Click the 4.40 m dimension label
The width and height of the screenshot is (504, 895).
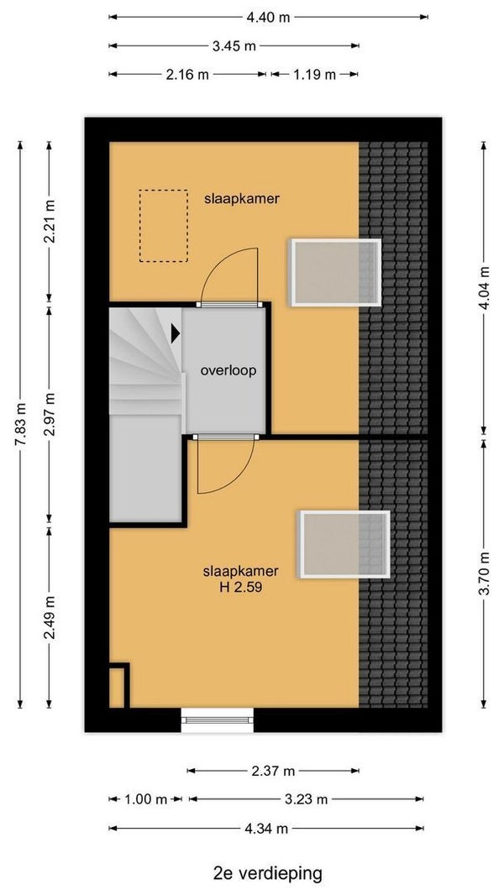coord(268,17)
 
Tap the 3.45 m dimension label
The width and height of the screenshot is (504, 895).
coord(234,46)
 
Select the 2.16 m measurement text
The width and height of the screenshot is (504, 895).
coord(188,74)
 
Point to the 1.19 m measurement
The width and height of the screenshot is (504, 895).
coord(314,74)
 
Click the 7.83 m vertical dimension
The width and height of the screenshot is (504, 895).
coord(20,425)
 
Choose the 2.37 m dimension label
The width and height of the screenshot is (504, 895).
coord(273,771)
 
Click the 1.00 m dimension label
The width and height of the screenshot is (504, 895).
coord(145,799)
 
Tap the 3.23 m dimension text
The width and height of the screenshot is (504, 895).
coord(307,799)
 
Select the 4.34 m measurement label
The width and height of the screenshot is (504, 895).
coord(266,829)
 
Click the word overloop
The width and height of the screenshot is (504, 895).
coord(228,371)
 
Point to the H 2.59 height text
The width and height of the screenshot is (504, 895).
coord(240,588)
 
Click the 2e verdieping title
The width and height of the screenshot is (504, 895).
coord(268,874)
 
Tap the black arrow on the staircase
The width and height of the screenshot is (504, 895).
coord(176,332)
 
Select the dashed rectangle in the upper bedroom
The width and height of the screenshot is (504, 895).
coord(164,226)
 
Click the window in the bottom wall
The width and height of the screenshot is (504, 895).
coord(218,720)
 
